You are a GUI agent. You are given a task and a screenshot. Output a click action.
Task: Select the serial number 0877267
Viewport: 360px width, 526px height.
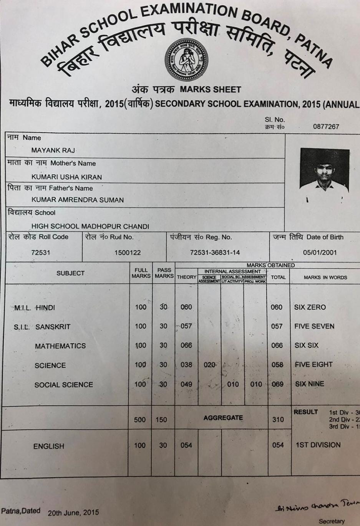[x=326, y=127]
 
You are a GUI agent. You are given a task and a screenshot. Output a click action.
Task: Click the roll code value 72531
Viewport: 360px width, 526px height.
[x=41, y=253]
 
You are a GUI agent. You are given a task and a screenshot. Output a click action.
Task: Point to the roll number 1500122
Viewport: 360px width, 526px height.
[x=128, y=253]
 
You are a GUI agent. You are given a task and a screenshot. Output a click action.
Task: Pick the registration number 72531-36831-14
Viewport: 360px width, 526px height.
[x=215, y=253]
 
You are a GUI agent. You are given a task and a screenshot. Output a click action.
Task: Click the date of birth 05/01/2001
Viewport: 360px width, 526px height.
[x=320, y=253]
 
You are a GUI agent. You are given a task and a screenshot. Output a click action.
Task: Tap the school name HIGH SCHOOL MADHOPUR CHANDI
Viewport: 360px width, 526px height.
[x=90, y=227]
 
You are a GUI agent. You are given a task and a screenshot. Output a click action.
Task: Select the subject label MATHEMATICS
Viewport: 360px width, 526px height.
[x=60, y=346]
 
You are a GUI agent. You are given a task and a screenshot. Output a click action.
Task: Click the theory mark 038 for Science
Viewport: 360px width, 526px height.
[x=186, y=365]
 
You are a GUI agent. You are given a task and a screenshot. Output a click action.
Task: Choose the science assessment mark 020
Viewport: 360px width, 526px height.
[x=209, y=365]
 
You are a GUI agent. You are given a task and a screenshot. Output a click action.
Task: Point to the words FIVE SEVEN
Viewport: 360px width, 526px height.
[x=314, y=326]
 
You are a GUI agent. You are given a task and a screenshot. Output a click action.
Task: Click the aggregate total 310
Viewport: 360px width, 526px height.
[x=278, y=419]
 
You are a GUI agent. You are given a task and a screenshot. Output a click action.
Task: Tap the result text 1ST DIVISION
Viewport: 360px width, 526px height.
[x=318, y=445]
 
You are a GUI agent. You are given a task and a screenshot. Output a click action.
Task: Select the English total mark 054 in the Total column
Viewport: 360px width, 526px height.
[x=278, y=445]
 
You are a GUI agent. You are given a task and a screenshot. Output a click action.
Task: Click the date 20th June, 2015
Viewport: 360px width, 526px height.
[x=73, y=513]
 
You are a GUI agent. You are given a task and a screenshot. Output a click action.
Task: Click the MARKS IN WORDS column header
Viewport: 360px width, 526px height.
[x=325, y=277]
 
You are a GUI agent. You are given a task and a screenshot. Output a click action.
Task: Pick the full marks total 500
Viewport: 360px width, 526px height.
[x=140, y=420]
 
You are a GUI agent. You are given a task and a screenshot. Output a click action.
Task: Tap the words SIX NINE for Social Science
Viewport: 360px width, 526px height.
[x=310, y=384]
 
